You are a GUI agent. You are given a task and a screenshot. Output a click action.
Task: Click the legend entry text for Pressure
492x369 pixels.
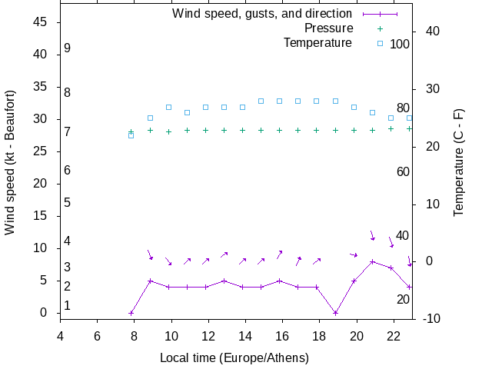click(328, 28)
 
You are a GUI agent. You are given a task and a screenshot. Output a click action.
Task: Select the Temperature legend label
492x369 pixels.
click(317, 43)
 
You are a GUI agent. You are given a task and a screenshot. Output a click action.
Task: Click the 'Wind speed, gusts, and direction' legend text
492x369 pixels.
click(261, 14)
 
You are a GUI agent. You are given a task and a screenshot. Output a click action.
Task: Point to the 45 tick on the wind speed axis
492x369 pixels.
click(42, 22)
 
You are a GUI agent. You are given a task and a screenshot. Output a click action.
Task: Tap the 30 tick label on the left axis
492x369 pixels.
click(42, 119)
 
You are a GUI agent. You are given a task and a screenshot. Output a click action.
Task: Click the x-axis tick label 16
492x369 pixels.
click(282, 335)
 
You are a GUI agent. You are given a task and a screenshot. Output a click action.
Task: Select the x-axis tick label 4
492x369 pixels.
click(60, 335)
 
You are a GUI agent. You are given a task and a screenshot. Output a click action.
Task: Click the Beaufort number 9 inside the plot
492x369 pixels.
click(68, 48)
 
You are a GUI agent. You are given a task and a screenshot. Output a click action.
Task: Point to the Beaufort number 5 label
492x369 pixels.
click(68, 203)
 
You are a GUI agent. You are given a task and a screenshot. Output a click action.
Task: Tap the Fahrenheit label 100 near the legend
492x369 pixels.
click(400, 44)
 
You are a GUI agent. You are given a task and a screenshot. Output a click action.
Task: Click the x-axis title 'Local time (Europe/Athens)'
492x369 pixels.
click(234, 358)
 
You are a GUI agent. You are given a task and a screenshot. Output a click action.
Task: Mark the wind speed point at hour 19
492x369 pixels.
click(335, 313)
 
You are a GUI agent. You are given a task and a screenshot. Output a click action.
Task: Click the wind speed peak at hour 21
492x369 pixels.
click(372, 261)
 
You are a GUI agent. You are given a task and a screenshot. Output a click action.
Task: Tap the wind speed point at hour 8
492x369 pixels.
click(131, 313)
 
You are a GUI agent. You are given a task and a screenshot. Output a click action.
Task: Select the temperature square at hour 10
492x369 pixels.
click(168, 107)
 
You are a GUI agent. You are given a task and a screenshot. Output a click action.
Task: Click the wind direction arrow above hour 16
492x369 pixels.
click(280, 254)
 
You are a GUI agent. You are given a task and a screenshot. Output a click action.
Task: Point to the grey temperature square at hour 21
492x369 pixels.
click(372, 112)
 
